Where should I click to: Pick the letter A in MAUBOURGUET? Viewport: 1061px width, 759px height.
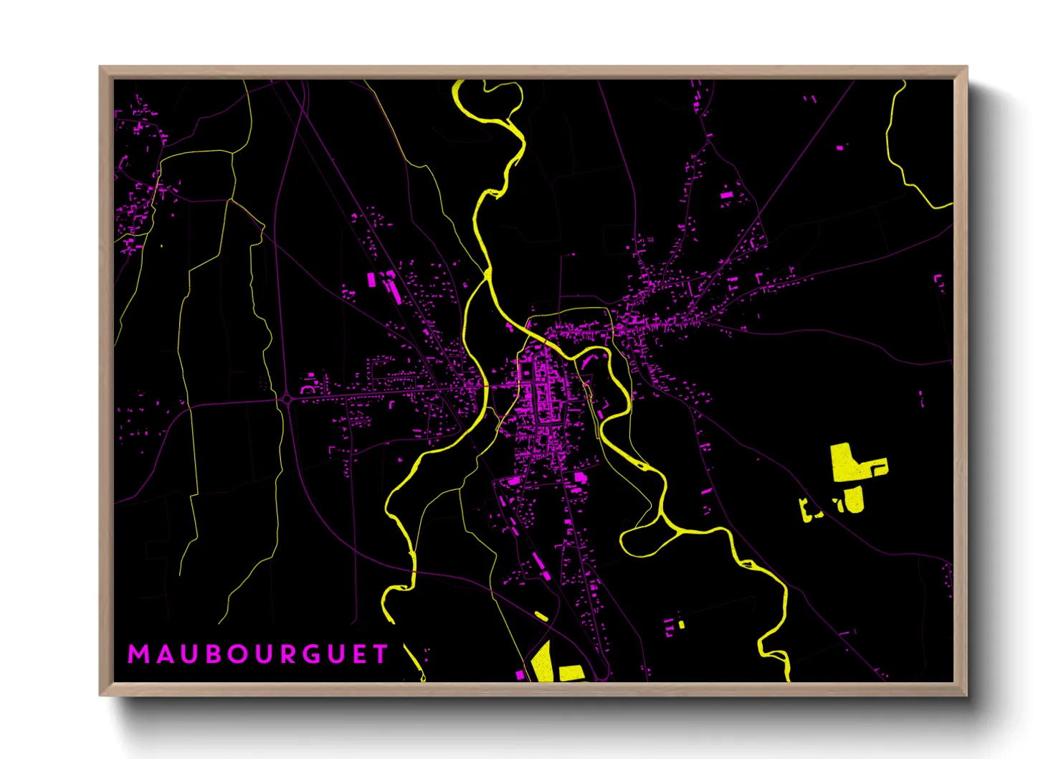[160, 654]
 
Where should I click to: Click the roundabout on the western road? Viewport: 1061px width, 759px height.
[287, 399]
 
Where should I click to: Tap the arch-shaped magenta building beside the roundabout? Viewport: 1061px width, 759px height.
[310, 388]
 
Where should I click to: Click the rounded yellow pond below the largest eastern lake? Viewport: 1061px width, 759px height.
[854, 500]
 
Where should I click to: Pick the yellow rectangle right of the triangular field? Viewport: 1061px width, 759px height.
[571, 673]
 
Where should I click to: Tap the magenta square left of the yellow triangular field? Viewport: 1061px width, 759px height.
[520, 675]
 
